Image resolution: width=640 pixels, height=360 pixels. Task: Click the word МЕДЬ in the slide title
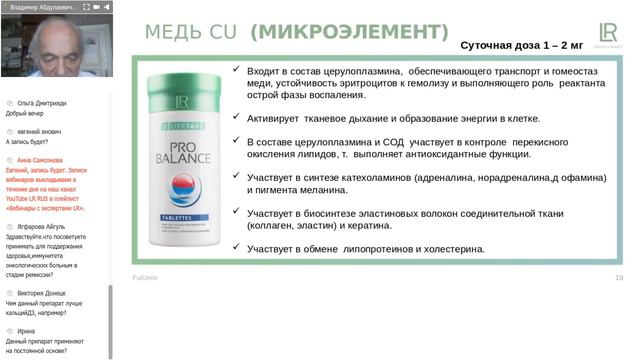[x=176, y=32]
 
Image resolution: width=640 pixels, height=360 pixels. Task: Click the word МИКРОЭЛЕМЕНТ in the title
[x=350, y=32]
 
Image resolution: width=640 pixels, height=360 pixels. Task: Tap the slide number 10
[x=619, y=277]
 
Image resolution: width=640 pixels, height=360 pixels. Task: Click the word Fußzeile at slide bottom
[x=146, y=277]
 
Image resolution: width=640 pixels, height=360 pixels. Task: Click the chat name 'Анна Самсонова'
[x=40, y=160]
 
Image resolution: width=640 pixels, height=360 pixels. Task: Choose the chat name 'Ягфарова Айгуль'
[x=41, y=227]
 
